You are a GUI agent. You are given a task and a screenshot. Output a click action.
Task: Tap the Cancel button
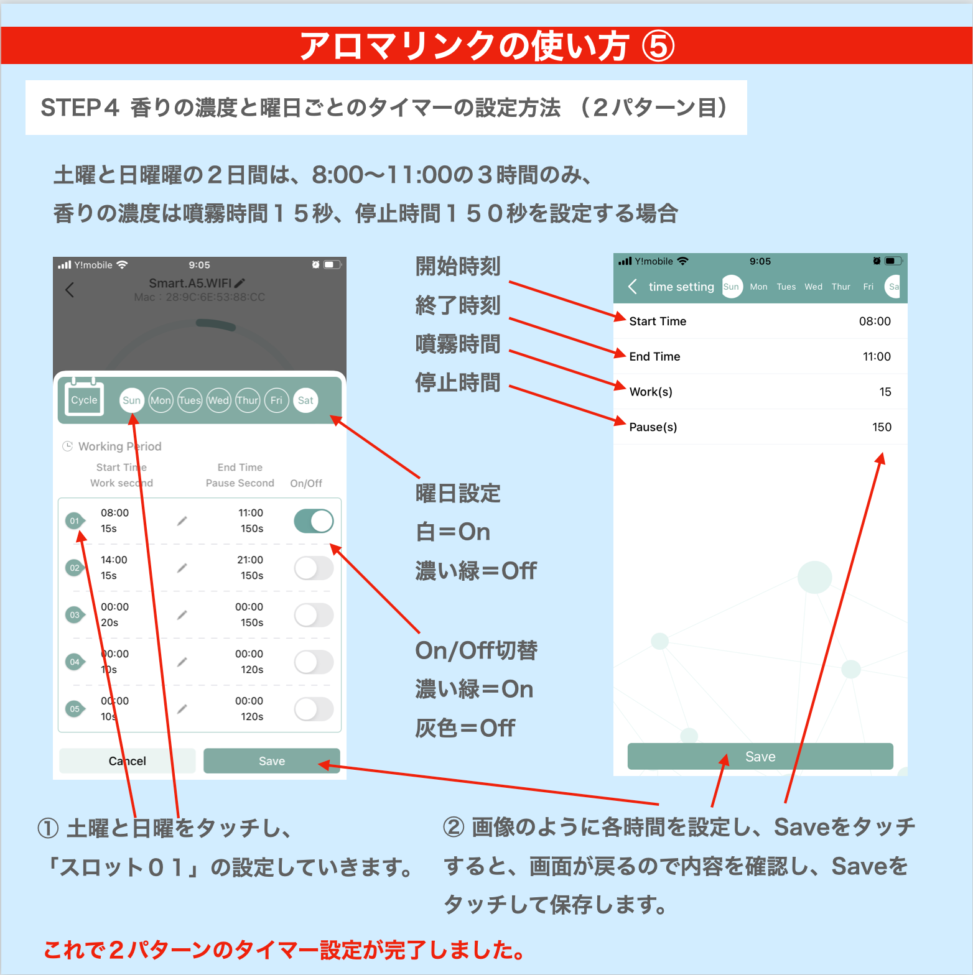click(128, 760)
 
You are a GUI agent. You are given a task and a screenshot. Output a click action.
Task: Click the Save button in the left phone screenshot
click(272, 760)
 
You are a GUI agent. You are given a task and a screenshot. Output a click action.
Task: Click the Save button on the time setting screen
click(760, 756)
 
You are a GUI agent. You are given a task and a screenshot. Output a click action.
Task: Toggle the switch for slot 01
click(314, 521)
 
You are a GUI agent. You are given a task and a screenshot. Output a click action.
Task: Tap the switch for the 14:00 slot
click(314, 568)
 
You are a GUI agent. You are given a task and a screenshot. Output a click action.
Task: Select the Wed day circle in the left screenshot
click(218, 400)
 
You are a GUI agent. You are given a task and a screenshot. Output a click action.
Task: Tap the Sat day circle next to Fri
click(305, 400)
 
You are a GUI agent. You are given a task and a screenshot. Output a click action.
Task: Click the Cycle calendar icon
click(84, 397)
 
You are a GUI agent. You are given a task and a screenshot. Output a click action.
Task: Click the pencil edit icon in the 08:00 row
click(182, 521)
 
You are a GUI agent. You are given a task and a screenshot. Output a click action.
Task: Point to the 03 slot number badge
click(75, 615)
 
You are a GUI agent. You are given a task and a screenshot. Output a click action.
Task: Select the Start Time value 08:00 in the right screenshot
click(875, 321)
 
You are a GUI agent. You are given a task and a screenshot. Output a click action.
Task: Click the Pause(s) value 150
click(882, 427)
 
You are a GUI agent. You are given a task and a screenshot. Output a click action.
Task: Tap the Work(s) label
click(651, 392)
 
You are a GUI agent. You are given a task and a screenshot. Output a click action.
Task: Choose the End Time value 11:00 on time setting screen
click(877, 357)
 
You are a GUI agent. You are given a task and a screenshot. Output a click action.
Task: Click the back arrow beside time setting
click(633, 286)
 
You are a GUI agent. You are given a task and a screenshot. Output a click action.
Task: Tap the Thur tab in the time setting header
click(840, 287)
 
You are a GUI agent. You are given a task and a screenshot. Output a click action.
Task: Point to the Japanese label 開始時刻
click(458, 266)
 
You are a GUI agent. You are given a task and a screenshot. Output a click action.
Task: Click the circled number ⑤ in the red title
click(658, 47)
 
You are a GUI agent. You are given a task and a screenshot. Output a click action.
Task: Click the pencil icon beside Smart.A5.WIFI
click(240, 283)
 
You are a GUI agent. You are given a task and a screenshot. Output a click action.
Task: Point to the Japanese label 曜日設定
click(458, 494)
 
